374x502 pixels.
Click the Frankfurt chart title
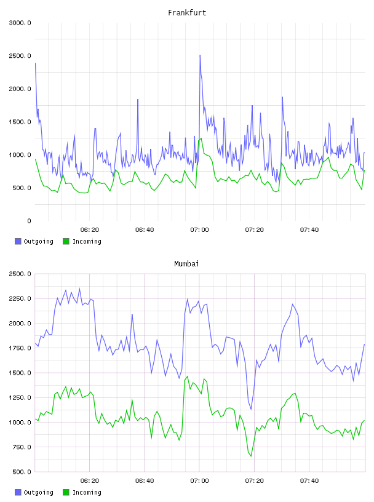pos(187,12)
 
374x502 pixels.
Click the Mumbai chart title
pos(186,263)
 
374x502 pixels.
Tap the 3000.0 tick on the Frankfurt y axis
pos(20,23)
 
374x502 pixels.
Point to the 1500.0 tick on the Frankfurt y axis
pos(20,122)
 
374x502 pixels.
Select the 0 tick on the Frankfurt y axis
pos(29,221)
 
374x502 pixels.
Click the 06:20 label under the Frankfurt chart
pos(90,229)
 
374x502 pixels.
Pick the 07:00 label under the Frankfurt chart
pos(199,229)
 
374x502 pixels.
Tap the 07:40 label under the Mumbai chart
pos(309,480)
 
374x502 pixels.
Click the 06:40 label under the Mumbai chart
pos(145,480)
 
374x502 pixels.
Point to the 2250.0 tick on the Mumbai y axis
pos(20,299)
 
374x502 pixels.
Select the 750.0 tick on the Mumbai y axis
pos(22,447)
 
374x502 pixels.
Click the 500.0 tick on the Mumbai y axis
pos(22,472)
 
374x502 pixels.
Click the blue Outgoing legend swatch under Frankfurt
pos(18,241)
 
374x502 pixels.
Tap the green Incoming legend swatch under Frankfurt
pos(66,241)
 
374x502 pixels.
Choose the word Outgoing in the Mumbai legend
pos(38,492)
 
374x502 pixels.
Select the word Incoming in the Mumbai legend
pos(87,492)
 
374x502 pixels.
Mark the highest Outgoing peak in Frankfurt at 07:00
pos(200,55)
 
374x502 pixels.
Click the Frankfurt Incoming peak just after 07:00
pos(201,138)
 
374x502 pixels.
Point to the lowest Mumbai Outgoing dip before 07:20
pos(251,409)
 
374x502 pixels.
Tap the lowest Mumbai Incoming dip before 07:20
pos(251,456)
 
